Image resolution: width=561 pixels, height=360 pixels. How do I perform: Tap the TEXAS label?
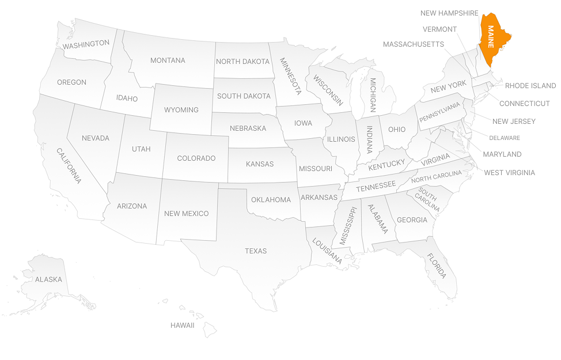(256, 251)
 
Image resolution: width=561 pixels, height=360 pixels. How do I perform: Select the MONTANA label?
(168, 60)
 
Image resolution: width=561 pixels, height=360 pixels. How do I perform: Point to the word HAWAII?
(182, 325)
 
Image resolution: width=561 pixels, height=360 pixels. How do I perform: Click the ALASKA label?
(48, 279)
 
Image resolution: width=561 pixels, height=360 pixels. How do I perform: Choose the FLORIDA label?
(436, 266)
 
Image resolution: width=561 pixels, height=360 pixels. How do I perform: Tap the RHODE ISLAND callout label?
(530, 86)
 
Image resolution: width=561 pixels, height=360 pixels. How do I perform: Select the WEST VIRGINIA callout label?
(509, 172)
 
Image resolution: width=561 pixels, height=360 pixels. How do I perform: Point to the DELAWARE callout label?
(505, 138)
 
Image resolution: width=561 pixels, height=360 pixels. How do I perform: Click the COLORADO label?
(196, 158)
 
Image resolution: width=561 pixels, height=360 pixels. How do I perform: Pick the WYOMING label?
(181, 110)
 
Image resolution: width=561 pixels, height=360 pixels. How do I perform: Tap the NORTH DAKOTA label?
(242, 62)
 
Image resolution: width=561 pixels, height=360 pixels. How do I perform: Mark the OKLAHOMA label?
(271, 200)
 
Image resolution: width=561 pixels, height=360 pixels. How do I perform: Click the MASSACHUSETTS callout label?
(414, 44)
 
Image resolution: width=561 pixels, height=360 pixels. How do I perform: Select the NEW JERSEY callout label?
(514, 122)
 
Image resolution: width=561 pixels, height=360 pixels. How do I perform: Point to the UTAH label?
(141, 149)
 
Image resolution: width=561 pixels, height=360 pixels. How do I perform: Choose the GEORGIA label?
(412, 220)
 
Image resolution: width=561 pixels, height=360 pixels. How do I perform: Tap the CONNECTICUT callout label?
(524, 104)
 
